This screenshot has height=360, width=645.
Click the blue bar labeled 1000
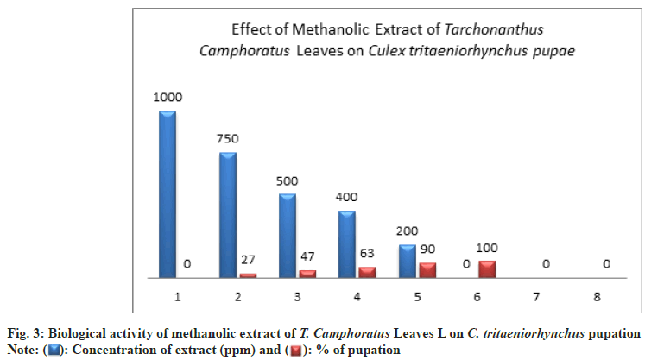168,194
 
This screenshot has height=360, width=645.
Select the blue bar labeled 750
228,215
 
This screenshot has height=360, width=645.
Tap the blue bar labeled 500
288,235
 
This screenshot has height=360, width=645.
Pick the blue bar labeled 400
347,243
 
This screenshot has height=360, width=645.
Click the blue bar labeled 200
408,261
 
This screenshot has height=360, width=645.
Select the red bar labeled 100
487,268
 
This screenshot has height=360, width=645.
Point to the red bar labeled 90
427,269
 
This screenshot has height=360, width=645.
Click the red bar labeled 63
367,272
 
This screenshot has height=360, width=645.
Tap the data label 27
249,260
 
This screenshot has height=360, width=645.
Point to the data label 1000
168,98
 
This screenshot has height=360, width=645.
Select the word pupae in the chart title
553,51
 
